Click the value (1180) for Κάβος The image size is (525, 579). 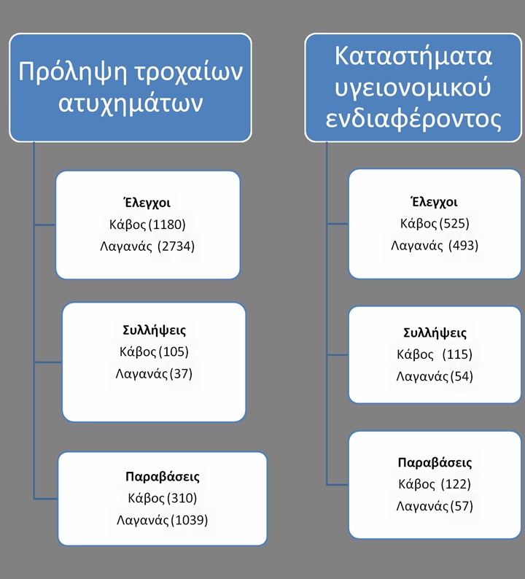[x=166, y=225]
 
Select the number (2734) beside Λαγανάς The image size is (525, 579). [x=176, y=246]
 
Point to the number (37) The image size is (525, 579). [x=181, y=373]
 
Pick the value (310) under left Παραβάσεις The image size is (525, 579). [x=182, y=498]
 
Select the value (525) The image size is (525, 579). [x=454, y=223]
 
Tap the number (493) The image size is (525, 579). [x=463, y=246]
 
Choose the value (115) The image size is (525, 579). [x=457, y=354]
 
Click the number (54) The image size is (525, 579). [x=462, y=377]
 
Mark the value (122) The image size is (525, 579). [x=456, y=484]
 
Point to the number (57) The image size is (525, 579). [x=462, y=506]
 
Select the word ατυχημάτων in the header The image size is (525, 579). [x=131, y=104]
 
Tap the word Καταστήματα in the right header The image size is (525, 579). [x=413, y=56]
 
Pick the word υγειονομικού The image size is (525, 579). [x=413, y=89]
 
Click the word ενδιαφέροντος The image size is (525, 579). [x=413, y=120]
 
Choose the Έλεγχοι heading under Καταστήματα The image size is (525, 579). [x=434, y=202]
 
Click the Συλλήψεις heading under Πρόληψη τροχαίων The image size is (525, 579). [x=155, y=330]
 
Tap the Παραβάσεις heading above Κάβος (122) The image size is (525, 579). [x=435, y=462]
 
